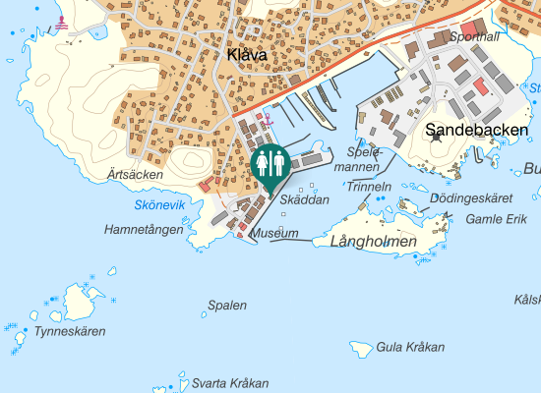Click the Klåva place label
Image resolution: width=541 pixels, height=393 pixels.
tap(246, 56)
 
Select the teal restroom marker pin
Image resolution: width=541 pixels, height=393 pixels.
tap(270, 164)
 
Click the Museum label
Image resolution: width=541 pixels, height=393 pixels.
tap(274, 234)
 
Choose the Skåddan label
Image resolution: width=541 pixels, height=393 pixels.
tap(304, 199)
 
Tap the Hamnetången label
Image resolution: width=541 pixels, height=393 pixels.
tap(144, 230)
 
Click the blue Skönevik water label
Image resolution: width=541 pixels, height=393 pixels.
tap(159, 204)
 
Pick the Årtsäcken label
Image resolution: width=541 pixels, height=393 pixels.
tap(136, 174)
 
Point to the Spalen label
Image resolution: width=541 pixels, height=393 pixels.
tap(227, 306)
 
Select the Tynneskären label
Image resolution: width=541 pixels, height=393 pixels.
tap(70, 331)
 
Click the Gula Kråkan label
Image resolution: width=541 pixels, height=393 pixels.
tap(411, 347)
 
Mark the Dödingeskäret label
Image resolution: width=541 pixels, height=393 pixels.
tap(472, 197)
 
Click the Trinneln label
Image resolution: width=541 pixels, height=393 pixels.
tap(370, 186)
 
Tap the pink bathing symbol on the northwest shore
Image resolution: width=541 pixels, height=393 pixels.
tap(63, 23)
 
